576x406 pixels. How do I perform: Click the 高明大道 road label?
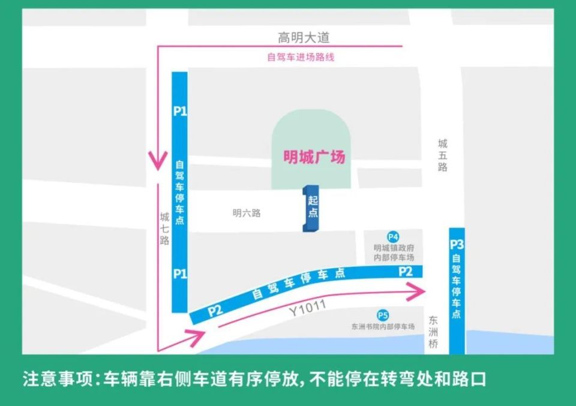(304, 37)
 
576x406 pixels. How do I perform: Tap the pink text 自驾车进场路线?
(300, 58)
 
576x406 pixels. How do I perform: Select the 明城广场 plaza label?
(314, 157)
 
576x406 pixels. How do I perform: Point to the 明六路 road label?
(247, 213)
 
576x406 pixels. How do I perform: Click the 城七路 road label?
(164, 228)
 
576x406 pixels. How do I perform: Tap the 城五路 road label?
(443, 155)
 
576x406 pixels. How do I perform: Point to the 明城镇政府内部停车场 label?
(394, 252)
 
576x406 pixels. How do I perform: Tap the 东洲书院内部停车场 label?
(383, 327)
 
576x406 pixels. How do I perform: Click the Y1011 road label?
(307, 308)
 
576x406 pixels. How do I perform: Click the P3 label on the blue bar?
(457, 245)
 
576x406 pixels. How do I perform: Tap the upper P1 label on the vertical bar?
(180, 111)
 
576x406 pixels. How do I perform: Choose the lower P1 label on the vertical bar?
(180, 273)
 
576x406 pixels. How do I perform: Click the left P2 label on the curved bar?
(215, 311)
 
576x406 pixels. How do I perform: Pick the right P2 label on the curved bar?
(406, 272)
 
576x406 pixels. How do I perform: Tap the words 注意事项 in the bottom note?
(57, 380)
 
